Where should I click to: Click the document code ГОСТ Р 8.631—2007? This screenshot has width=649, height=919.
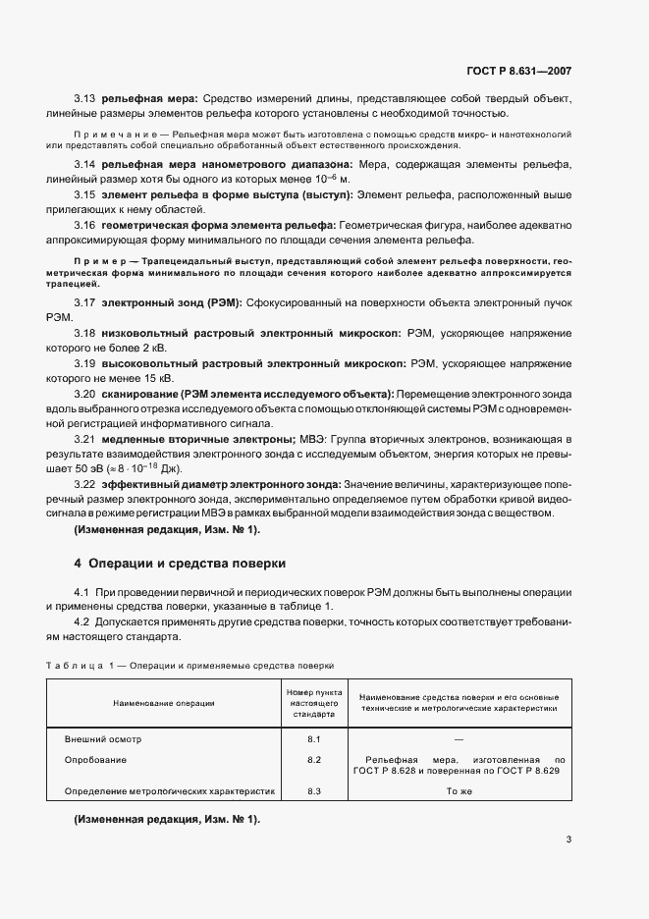(522, 71)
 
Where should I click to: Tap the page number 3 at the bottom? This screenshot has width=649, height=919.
(568, 838)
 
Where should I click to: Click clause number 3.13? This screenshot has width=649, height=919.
(84, 99)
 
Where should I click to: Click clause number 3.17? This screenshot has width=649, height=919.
(84, 304)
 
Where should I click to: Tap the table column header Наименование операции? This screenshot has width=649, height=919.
(164, 703)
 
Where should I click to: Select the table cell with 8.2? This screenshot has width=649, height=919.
(314, 759)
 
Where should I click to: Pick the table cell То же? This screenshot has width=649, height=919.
(459, 790)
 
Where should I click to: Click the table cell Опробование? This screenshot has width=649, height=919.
(96, 759)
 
